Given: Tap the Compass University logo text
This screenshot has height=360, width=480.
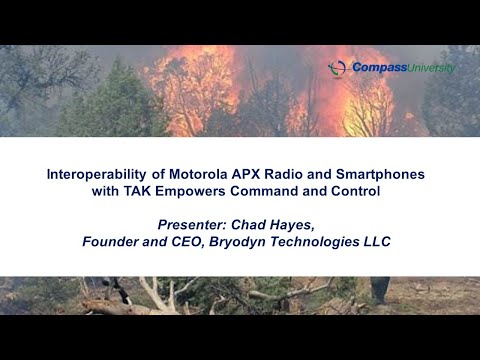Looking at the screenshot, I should coord(403,67).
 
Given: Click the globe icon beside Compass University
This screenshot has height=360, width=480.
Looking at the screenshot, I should coord(338,68).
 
